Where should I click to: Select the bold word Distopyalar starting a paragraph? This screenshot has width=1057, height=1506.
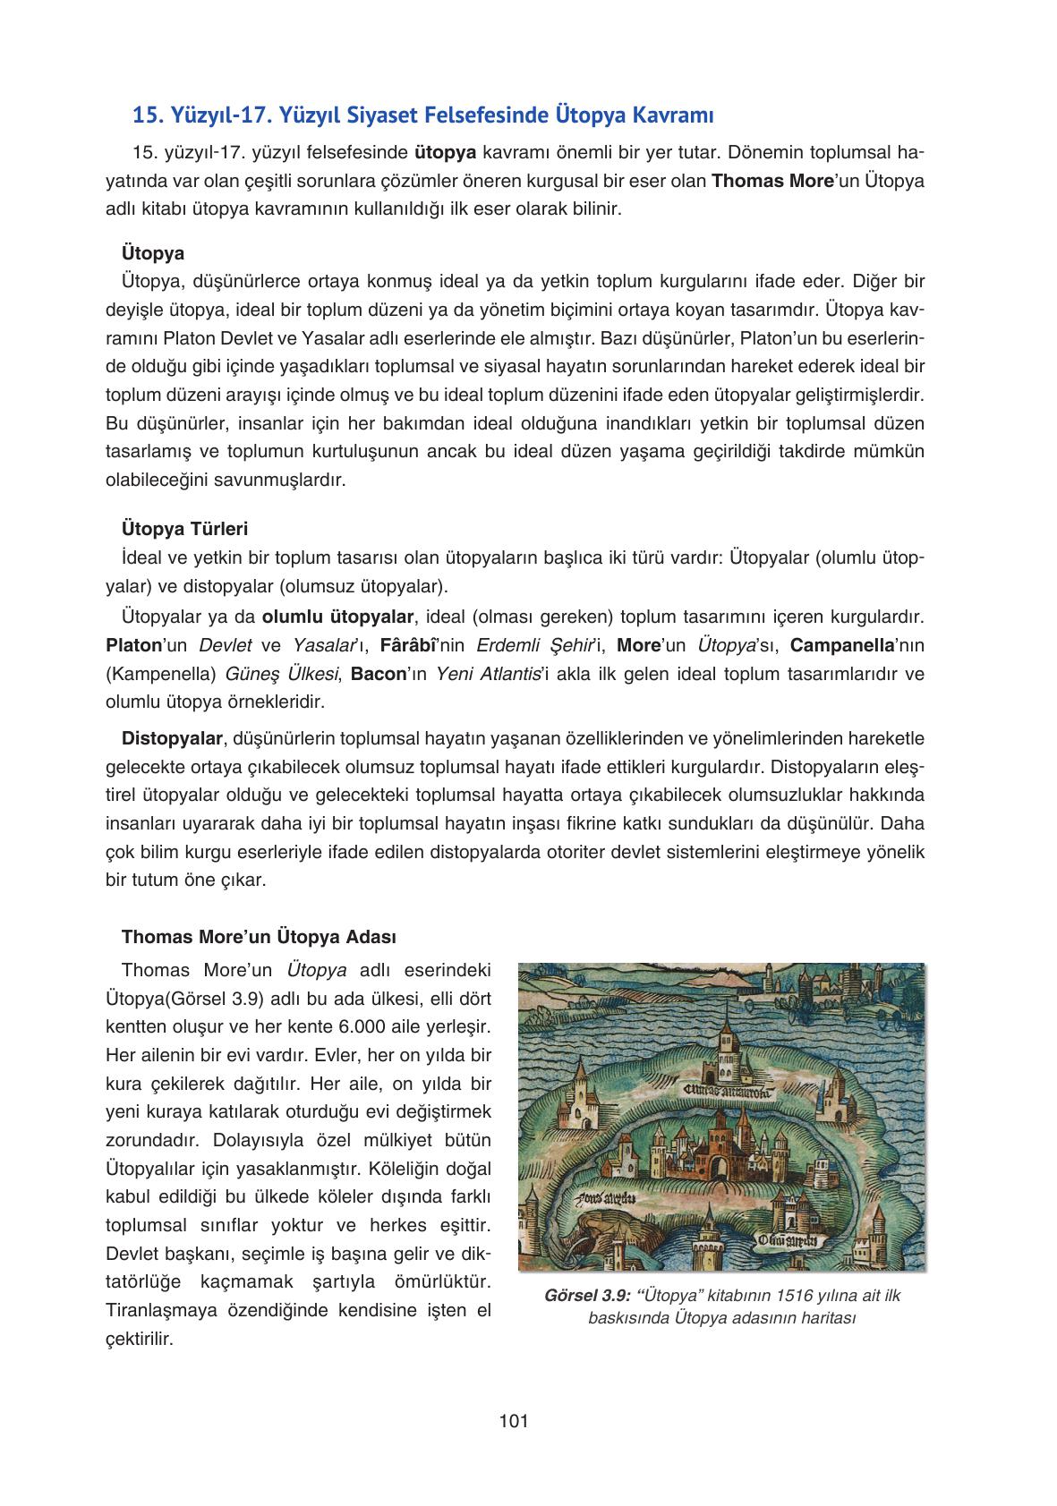pyautogui.click(x=172, y=738)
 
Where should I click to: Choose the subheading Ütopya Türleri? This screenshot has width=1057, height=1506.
pyautogui.click(x=184, y=528)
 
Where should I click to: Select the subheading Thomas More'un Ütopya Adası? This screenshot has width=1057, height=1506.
pyautogui.click(x=259, y=937)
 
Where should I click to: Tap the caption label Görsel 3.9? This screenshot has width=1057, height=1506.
pyautogui.click(x=587, y=1295)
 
